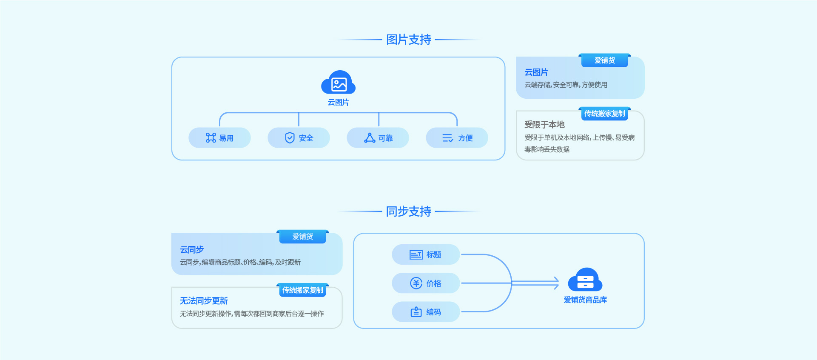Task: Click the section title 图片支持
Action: tap(408, 40)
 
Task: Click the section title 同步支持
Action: tap(408, 211)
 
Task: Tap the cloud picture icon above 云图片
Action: tap(339, 83)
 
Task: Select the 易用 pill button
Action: tap(219, 138)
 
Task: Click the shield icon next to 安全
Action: tap(290, 138)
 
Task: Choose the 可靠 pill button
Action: tap(378, 138)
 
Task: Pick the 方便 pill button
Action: tap(457, 138)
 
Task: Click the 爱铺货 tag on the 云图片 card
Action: tap(604, 60)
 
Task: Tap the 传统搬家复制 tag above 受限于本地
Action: tap(604, 114)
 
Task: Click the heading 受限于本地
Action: tap(544, 125)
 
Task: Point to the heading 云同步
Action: tap(192, 250)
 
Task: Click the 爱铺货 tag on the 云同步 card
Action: tap(302, 237)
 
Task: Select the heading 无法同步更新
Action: tap(204, 301)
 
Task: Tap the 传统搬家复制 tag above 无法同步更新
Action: tap(302, 290)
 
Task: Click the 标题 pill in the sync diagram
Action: tap(426, 254)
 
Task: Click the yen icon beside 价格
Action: tap(416, 283)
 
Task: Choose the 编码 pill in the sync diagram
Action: tap(426, 312)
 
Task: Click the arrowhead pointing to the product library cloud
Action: tap(555, 283)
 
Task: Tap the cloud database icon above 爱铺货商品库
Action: tap(585, 280)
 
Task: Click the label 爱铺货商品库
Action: tap(585, 300)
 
